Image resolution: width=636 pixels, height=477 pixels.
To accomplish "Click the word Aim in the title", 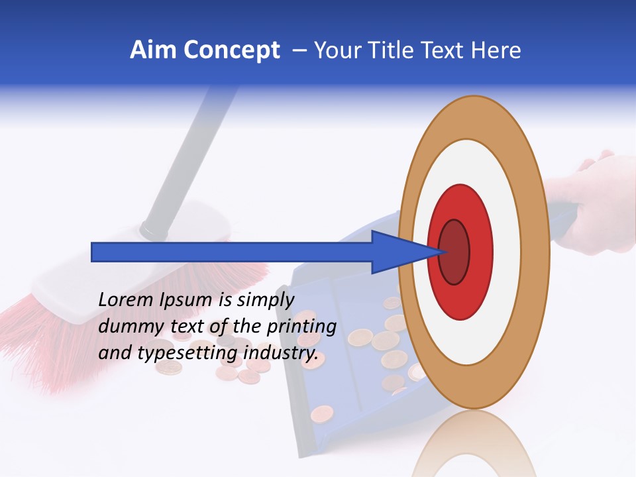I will (x=152, y=50).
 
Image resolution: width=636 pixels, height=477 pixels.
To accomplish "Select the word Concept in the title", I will (x=231, y=51).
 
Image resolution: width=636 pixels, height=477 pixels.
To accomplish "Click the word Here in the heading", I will (x=496, y=50).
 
